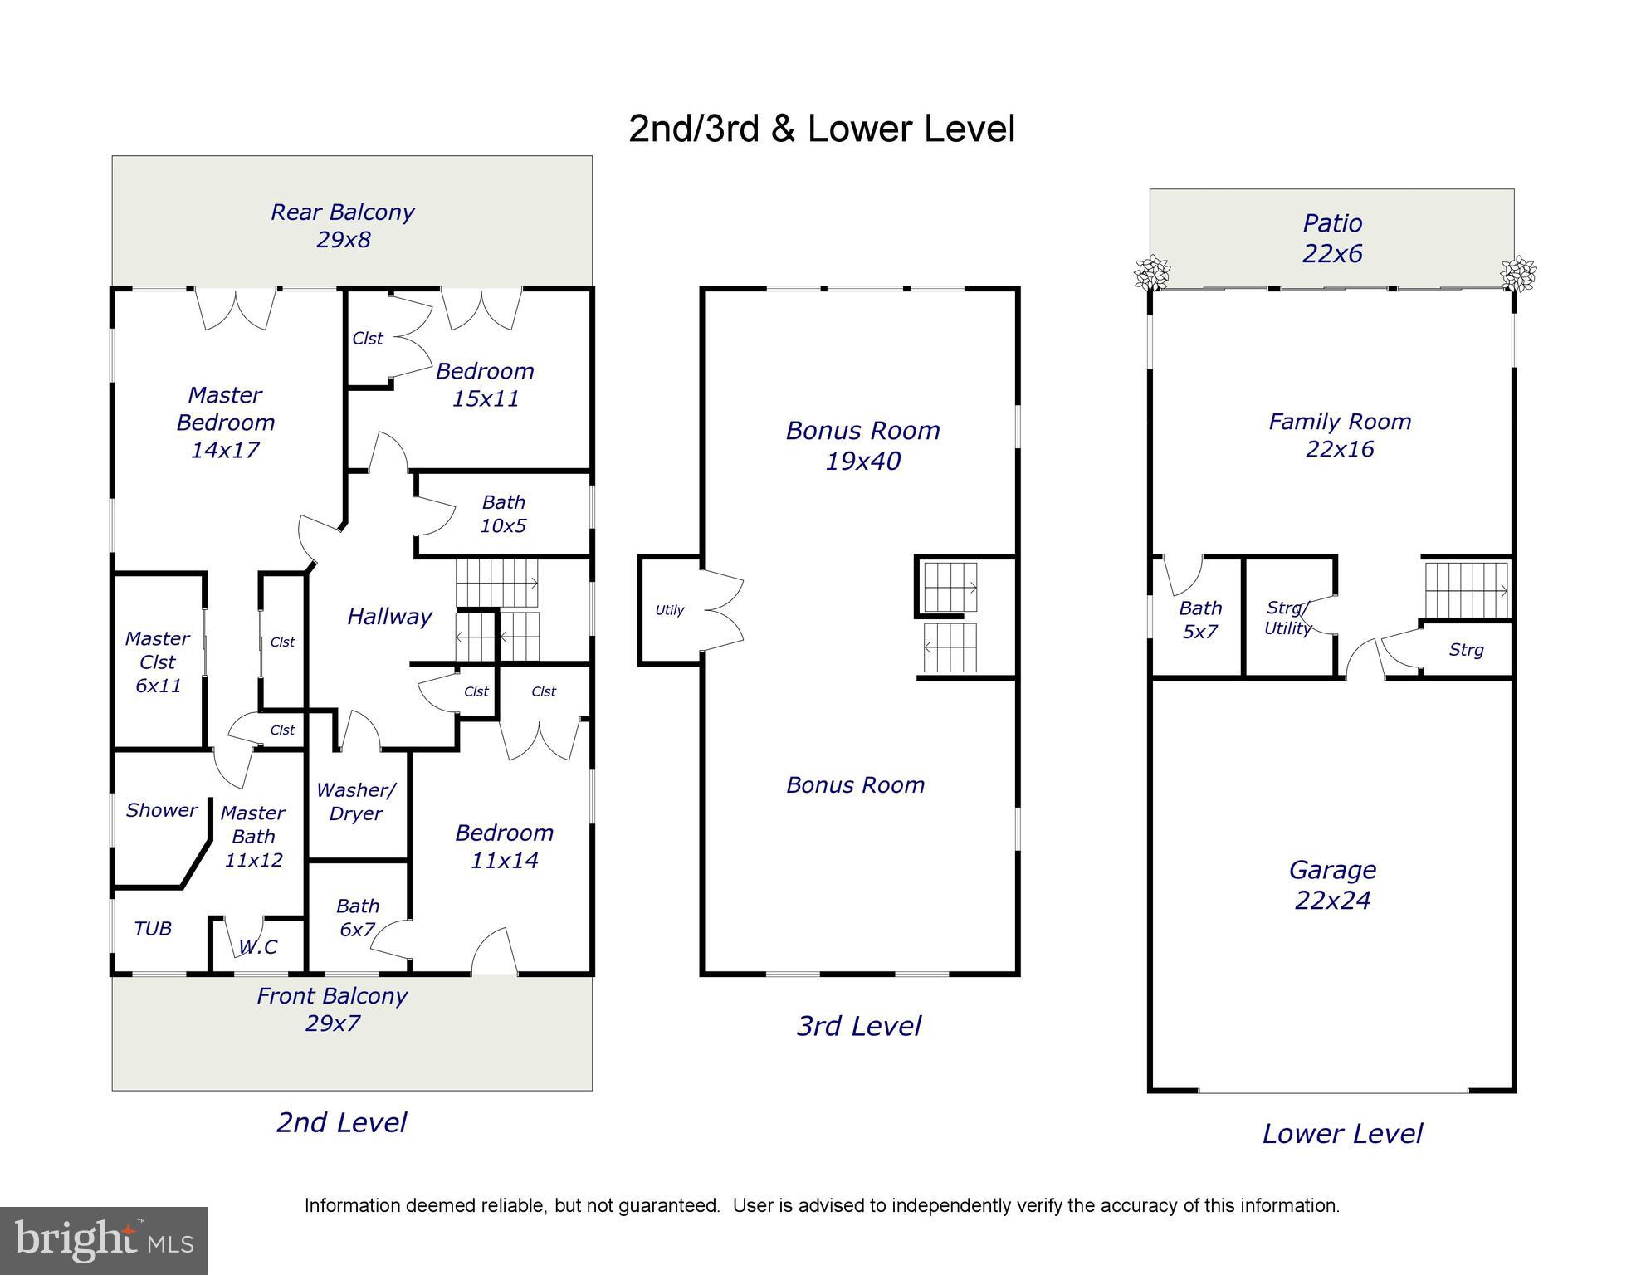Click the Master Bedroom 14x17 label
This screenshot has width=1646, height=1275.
pyautogui.click(x=225, y=423)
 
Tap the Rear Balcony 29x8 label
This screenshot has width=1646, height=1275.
pyautogui.click(x=343, y=226)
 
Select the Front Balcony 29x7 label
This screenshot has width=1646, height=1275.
pyautogui.click(x=332, y=1009)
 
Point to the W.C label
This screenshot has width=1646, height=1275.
pyautogui.click(x=258, y=947)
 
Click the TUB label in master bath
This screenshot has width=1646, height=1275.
pyautogui.click(x=153, y=929)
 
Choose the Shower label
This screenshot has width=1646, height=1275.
pyautogui.click(x=162, y=810)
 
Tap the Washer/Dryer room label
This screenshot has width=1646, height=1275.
pyautogui.click(x=356, y=802)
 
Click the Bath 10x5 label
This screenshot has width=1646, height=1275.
pyautogui.click(x=504, y=514)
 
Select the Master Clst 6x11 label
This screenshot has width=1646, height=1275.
pyautogui.click(x=158, y=662)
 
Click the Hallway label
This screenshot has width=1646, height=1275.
pyautogui.click(x=389, y=617)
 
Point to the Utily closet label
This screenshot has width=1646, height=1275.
pyautogui.click(x=670, y=610)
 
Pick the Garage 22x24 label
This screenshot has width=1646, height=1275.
pyautogui.click(x=1332, y=885)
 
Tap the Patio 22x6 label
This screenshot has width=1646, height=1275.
pyautogui.click(x=1332, y=238)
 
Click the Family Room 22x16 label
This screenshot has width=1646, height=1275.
pyautogui.click(x=1340, y=435)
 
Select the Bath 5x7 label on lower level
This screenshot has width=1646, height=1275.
pyautogui.click(x=1200, y=620)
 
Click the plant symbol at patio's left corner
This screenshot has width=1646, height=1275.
pyautogui.click(x=1151, y=272)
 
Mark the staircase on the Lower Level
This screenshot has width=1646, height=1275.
pyautogui.click(x=1467, y=590)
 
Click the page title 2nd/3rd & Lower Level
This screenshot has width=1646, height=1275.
pyautogui.click(x=822, y=129)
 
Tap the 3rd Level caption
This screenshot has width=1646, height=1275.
pyautogui.click(x=859, y=1026)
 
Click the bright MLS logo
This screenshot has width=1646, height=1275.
pyautogui.click(x=104, y=1241)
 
